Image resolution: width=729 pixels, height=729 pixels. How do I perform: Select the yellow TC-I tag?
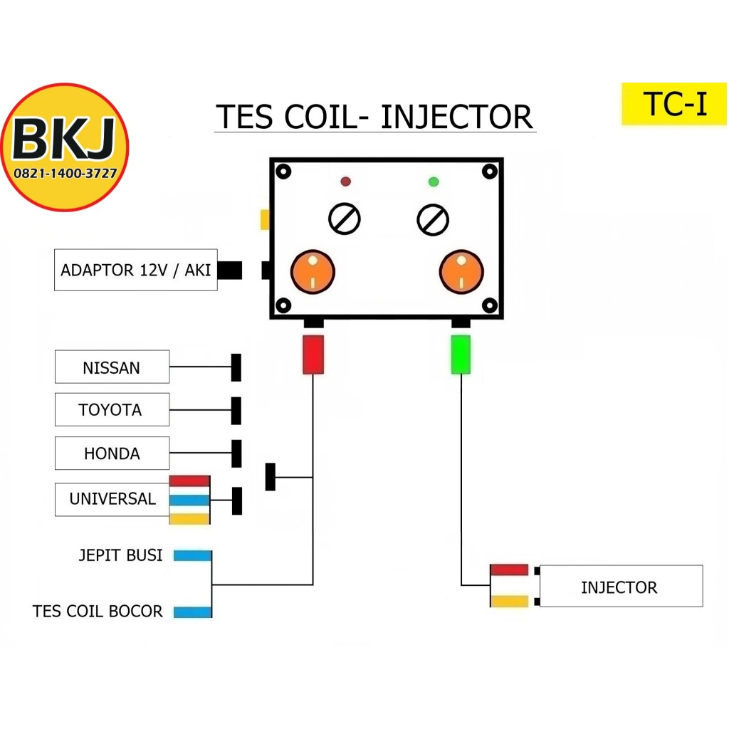(x=674, y=104)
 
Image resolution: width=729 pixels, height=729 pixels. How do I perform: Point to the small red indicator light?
(x=346, y=182)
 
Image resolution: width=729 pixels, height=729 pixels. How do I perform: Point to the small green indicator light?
(x=434, y=182)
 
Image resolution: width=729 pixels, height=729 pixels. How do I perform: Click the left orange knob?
(x=313, y=271)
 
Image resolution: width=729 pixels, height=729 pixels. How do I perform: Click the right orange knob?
(x=461, y=271)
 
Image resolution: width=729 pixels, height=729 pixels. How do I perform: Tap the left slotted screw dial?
(x=345, y=219)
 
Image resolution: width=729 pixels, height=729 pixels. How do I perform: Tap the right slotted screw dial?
(x=433, y=219)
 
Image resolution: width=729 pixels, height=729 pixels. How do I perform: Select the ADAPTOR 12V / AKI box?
(x=135, y=271)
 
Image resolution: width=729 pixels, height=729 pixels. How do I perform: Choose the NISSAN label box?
(x=112, y=367)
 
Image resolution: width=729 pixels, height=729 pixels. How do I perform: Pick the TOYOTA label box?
(x=112, y=410)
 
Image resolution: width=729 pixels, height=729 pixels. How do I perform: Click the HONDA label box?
(x=112, y=453)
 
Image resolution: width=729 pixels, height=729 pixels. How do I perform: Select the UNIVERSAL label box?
(x=112, y=499)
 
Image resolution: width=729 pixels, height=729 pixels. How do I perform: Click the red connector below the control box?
(x=313, y=354)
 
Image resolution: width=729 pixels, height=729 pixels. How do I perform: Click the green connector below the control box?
(x=461, y=354)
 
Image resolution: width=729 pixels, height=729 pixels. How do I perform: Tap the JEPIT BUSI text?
(x=120, y=555)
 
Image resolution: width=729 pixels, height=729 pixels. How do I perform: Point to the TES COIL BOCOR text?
(x=98, y=612)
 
